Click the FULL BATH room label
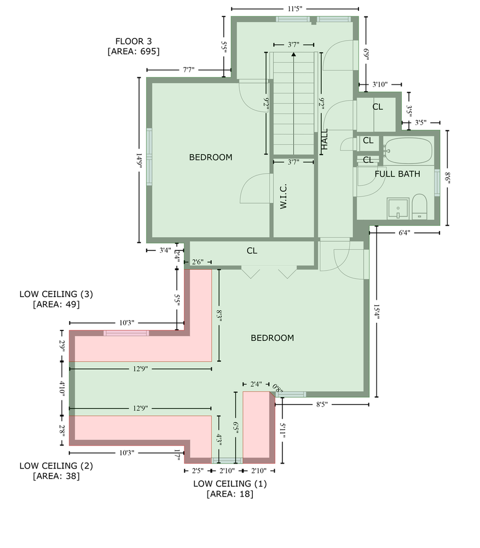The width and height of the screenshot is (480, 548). pos(397,174)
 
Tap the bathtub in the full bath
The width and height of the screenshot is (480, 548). pos(408,151)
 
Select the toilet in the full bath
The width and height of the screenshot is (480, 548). pos(419,207)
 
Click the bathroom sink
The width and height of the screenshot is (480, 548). pos(398,209)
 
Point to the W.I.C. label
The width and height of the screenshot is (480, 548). pos(283,196)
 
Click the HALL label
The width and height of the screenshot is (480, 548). pos(325,139)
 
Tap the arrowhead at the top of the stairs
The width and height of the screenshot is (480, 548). pos(293,54)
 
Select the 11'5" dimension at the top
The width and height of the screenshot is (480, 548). pos(294,9)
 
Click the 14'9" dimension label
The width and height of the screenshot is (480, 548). pos(139,161)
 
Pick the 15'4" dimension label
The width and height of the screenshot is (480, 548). pos(377,312)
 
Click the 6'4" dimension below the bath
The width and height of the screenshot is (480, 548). pos(404,232)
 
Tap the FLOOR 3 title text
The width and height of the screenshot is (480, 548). pos(134,41)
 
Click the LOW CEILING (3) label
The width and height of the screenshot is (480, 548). pos(56,294)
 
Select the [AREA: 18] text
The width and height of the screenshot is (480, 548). pos(230,494)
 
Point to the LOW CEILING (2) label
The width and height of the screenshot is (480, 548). pos(56,465)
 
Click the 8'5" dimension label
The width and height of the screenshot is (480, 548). pos(322,405)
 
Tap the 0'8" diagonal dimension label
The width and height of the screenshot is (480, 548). pos(277,388)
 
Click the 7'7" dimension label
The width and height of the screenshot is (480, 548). pos(188,70)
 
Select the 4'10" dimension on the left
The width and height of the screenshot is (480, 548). pos(62,389)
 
